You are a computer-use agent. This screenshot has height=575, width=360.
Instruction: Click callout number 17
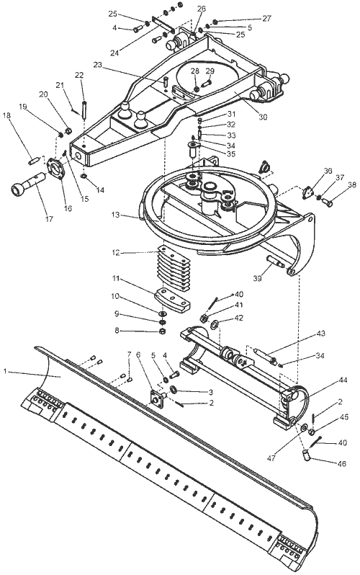[x=49, y=219]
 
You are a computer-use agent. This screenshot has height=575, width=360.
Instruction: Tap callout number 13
[x=116, y=215]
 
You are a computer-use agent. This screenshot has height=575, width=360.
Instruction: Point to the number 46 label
[x=342, y=464]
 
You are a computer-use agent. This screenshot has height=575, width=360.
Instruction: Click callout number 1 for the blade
[x=5, y=372]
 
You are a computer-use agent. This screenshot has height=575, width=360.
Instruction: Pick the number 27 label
[x=266, y=19]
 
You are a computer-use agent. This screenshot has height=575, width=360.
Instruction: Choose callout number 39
[x=257, y=278]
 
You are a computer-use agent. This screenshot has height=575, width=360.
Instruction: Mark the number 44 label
[x=343, y=380]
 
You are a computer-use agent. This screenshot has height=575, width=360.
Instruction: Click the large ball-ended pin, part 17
[x=28, y=184]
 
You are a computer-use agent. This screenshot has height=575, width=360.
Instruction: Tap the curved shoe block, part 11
[x=172, y=300]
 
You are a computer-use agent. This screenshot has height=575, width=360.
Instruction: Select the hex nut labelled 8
[x=163, y=331]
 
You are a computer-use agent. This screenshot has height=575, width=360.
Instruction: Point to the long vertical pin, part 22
[x=84, y=110]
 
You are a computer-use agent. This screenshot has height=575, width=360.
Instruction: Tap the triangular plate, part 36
[x=308, y=193]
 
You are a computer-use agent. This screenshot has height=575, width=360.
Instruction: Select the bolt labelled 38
[x=327, y=201]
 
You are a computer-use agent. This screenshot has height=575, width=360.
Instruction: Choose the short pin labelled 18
[x=35, y=160]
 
